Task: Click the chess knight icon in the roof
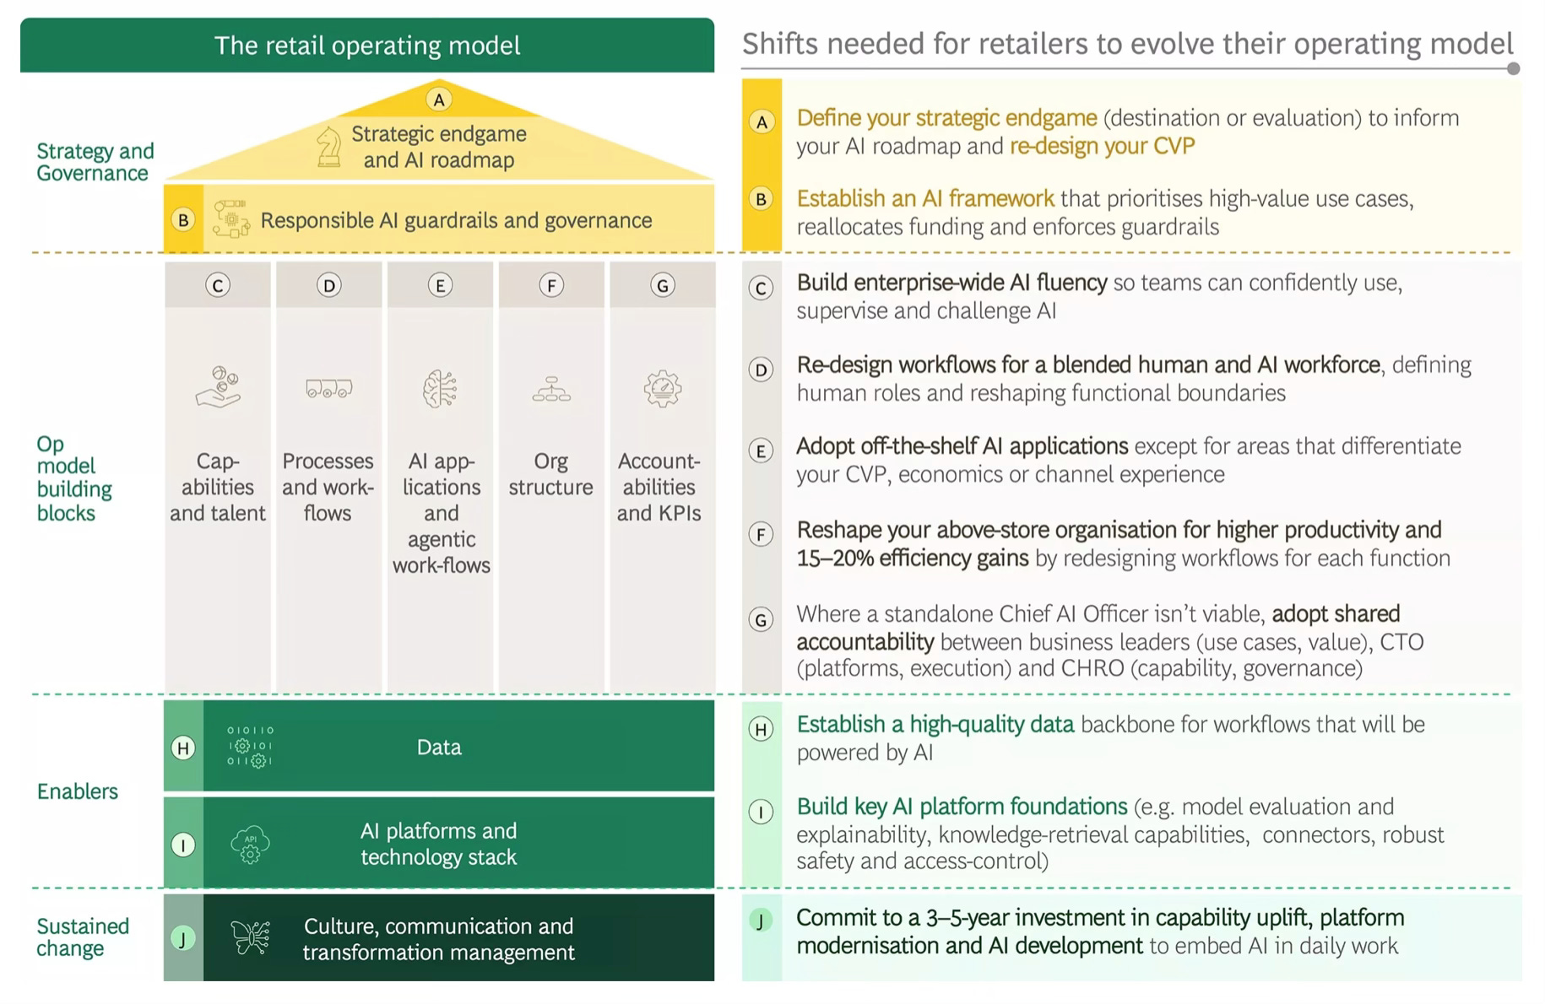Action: pos(328,147)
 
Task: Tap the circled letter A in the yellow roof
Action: pos(438,100)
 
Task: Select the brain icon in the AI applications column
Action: pos(440,390)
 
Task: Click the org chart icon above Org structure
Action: pos(551,389)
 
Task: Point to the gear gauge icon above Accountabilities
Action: pos(662,389)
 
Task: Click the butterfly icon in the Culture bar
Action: pos(250,937)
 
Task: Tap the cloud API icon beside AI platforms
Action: pos(250,844)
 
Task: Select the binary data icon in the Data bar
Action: pos(250,747)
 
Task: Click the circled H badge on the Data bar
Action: pos(183,748)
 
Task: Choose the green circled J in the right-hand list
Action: pos(761,920)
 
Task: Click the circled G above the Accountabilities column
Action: pos(662,285)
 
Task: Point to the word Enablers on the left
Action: pos(78,791)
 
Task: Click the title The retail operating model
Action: pos(367,46)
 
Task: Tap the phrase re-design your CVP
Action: pos(1102,146)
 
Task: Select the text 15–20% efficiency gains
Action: pos(913,559)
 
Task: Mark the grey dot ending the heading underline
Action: pos(1513,68)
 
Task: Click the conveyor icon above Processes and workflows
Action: pos(328,389)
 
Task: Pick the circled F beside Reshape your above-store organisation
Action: pos(761,534)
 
